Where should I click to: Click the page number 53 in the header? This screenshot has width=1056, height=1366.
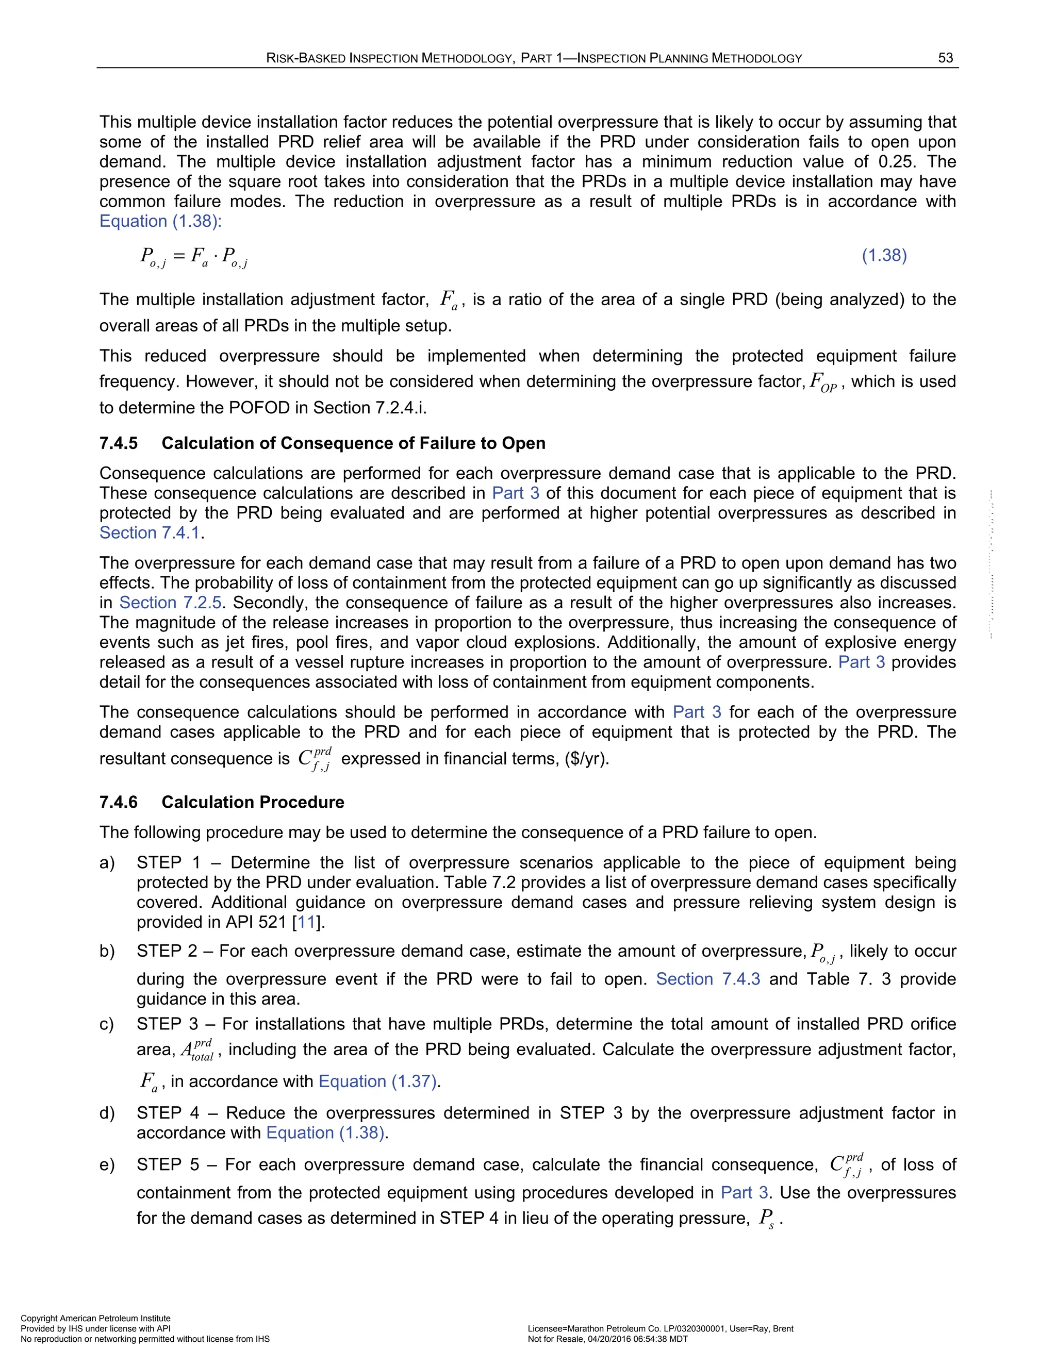(945, 58)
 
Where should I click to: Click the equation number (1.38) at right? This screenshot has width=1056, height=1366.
(884, 255)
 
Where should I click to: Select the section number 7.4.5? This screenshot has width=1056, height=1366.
(118, 443)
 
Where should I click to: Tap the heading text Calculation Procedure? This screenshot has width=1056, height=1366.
(253, 802)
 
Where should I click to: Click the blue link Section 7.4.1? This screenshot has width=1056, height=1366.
(150, 533)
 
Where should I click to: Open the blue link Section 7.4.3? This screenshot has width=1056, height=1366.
(707, 979)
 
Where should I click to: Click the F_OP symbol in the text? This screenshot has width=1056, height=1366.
(822, 382)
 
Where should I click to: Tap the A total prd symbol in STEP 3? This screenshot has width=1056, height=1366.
(197, 1050)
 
